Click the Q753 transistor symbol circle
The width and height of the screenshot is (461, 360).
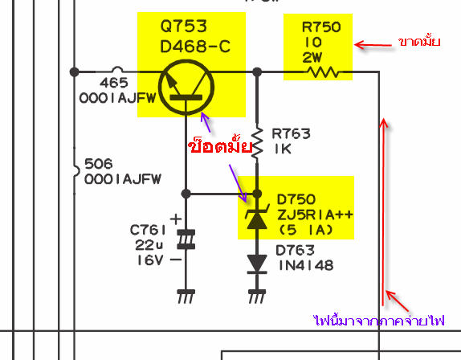point(159,87)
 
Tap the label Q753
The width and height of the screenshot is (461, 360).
point(184,27)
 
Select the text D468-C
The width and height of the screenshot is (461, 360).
point(195,47)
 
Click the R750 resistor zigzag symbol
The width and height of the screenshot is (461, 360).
point(323,72)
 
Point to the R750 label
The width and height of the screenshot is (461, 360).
point(321,27)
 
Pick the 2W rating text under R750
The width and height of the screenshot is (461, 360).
point(312,58)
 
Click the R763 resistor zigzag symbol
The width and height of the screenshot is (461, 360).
point(257,145)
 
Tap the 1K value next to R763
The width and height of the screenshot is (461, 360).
point(283,149)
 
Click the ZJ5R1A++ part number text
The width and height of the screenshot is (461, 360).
point(315,215)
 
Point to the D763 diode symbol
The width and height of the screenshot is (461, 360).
point(257,264)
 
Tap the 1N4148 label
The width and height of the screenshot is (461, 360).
point(306,266)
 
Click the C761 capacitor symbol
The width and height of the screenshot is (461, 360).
point(186,239)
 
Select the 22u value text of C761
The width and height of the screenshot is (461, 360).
point(149,245)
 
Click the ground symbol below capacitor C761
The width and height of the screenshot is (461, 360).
point(186,297)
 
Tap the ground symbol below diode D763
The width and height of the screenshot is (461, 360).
point(257,297)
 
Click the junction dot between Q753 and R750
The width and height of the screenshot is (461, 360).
point(257,72)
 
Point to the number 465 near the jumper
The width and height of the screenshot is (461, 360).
point(114,83)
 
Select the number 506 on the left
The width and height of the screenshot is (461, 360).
point(99,164)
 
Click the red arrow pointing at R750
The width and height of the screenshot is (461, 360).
point(373,45)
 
